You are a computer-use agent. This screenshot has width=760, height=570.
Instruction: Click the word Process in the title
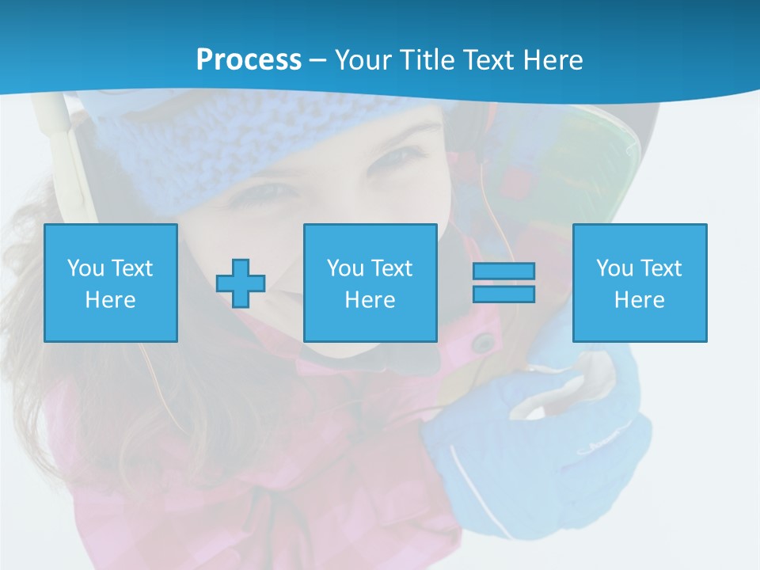249,60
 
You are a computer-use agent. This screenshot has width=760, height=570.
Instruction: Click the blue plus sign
241,283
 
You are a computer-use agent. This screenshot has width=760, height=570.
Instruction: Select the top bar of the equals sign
503,271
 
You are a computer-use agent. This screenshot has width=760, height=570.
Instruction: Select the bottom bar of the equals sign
503,294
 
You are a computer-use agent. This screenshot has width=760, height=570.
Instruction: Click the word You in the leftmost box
85,268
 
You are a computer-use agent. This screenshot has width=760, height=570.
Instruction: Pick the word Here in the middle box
370,300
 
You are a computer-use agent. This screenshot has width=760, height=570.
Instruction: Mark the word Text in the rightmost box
661,268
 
